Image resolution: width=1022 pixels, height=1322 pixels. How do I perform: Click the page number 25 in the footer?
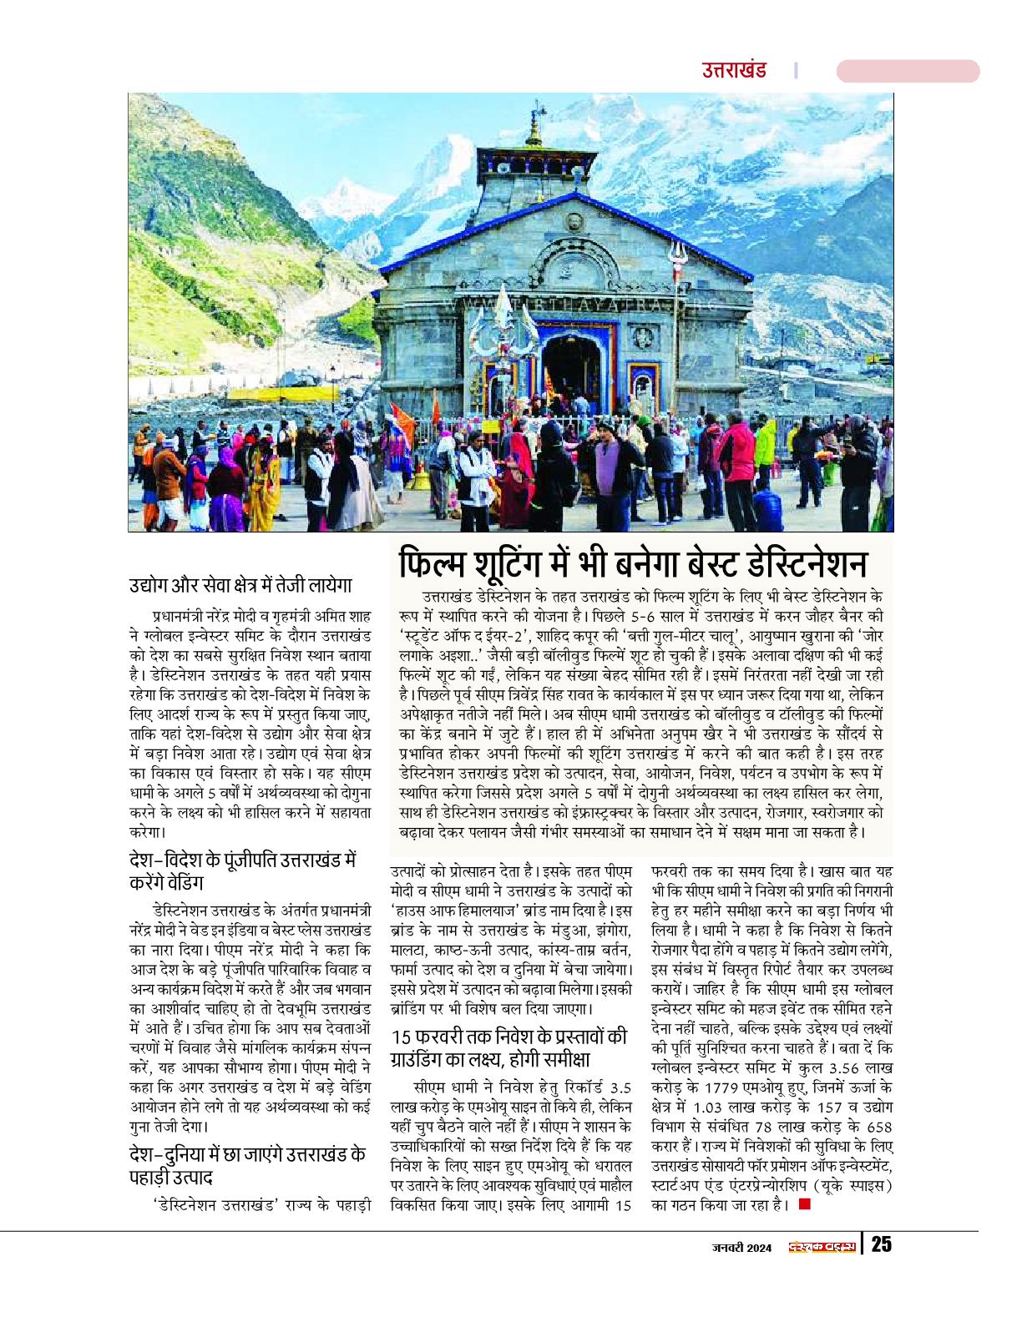pos(882,1245)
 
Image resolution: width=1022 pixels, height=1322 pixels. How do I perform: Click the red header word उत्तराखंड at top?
pos(735,71)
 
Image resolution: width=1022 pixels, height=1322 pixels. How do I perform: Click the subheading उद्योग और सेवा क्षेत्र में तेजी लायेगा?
pos(243,583)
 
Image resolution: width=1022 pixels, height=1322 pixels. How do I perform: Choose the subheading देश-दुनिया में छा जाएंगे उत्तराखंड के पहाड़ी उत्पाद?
pos(249,1166)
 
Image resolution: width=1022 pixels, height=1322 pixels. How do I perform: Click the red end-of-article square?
pos(804,1203)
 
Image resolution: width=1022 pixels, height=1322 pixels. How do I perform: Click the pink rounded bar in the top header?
pos(908,71)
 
